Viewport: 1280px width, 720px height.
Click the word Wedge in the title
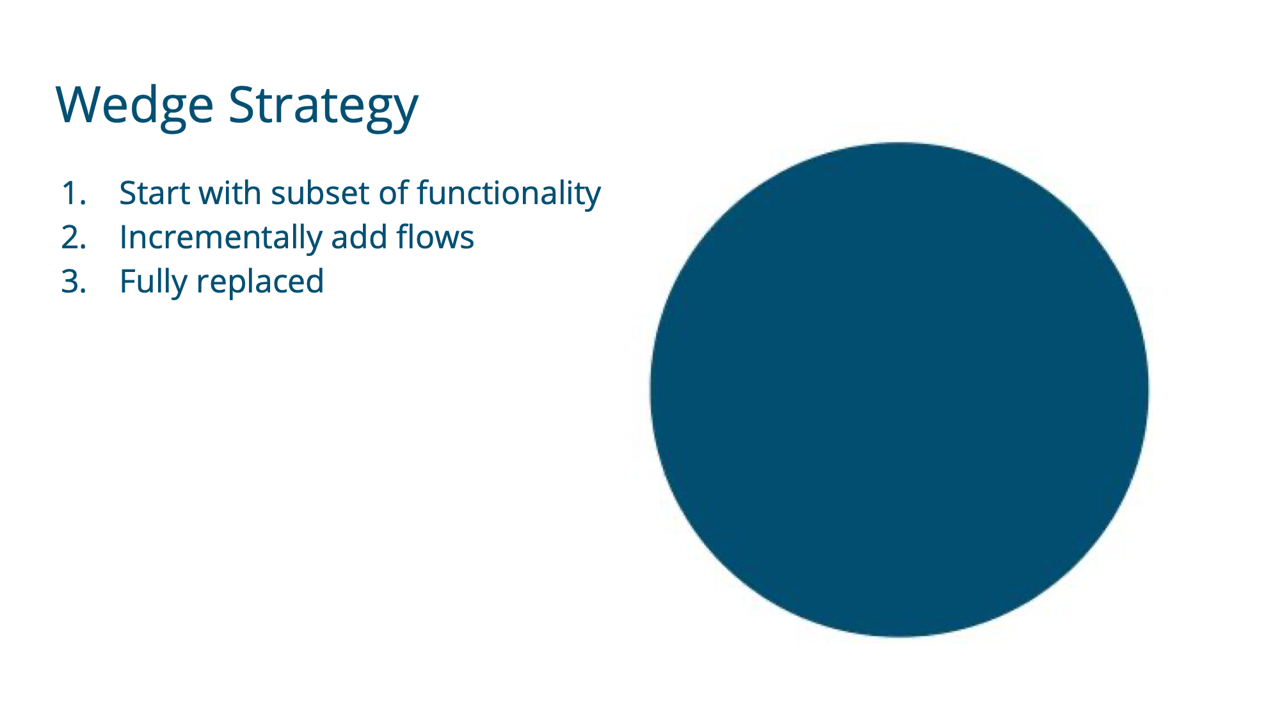pos(135,106)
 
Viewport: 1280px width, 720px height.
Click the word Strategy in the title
pos(324,106)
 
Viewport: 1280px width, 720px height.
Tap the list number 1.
pos(74,193)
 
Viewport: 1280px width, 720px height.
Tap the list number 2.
pos(74,237)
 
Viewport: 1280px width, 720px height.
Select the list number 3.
pos(74,282)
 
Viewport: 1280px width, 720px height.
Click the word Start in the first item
pos(156,193)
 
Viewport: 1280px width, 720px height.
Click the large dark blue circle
pos(899,390)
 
